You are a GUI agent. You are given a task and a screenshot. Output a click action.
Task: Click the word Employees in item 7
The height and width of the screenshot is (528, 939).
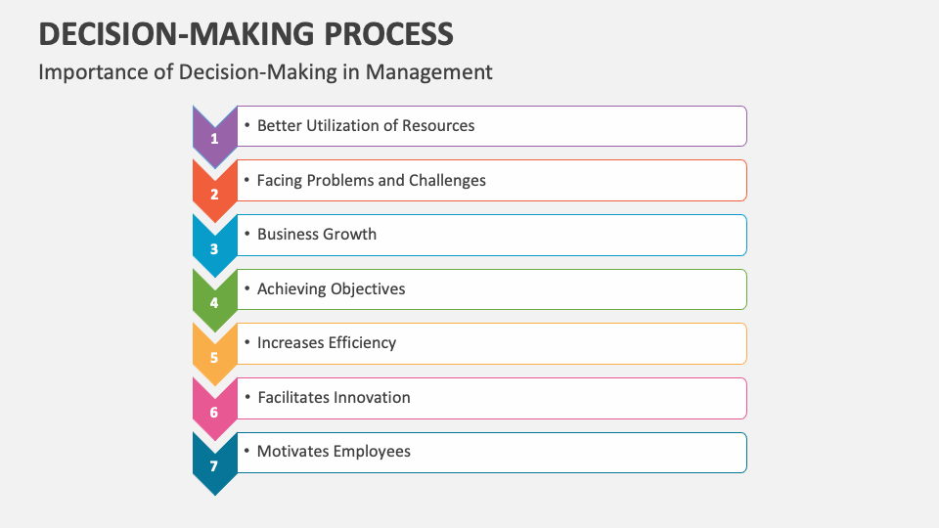click(372, 451)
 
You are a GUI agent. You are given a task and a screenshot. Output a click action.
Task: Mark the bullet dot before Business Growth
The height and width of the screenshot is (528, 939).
click(247, 235)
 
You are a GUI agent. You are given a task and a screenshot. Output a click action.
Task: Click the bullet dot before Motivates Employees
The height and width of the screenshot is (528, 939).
click(247, 451)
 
